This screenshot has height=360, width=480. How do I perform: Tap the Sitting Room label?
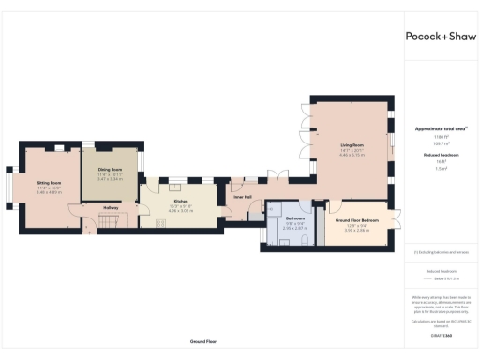(50, 183)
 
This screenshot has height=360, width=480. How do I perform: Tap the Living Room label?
(351, 145)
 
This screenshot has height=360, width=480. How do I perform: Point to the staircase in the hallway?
(109, 221)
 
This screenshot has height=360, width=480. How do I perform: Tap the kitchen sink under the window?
(175, 185)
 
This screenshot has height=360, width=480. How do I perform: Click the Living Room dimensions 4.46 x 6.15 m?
(351, 156)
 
